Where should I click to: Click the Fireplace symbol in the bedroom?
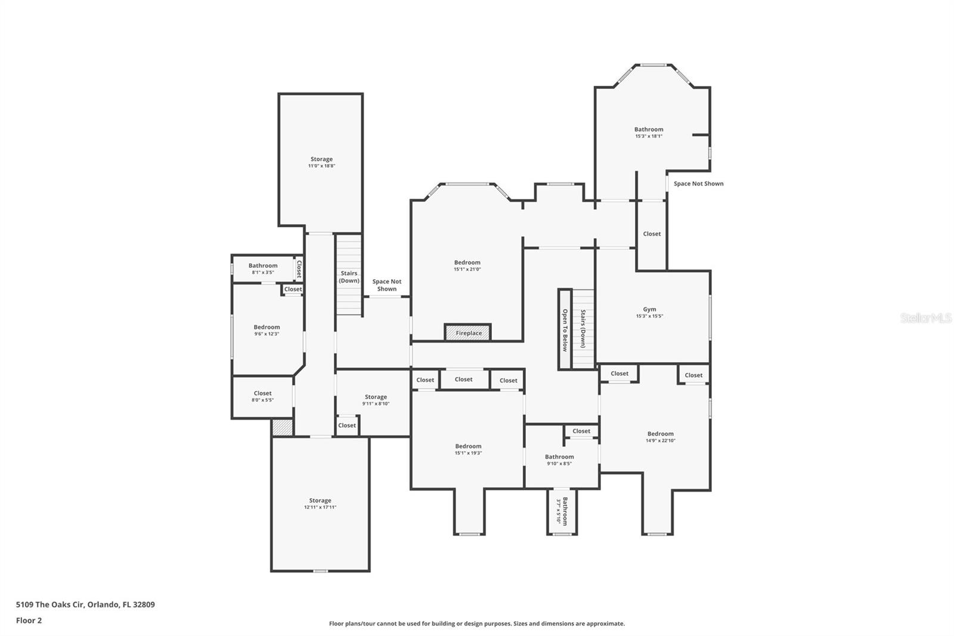pos(468,333)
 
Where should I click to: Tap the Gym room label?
pos(649,309)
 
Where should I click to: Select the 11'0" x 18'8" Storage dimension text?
pos(321,166)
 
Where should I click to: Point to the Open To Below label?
pos(565,329)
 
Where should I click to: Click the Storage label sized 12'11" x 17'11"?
pos(320,501)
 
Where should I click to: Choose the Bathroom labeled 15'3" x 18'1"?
pos(649,129)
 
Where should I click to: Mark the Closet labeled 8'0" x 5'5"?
pos(262,393)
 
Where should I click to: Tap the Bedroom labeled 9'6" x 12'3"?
pos(267,327)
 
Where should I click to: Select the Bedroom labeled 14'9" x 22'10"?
pos(661,434)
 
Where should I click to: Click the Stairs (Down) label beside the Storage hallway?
pos(349,277)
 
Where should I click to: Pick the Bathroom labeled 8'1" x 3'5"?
pos(263,265)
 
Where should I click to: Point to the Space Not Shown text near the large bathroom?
pos(698,184)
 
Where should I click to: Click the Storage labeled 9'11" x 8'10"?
pos(376,397)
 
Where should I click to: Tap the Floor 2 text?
pos(29,620)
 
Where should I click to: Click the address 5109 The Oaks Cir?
pos(85,604)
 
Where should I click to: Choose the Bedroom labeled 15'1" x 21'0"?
pos(467,263)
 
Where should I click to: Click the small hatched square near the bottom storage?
pos(282,428)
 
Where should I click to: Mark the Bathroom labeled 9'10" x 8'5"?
pos(559,457)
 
